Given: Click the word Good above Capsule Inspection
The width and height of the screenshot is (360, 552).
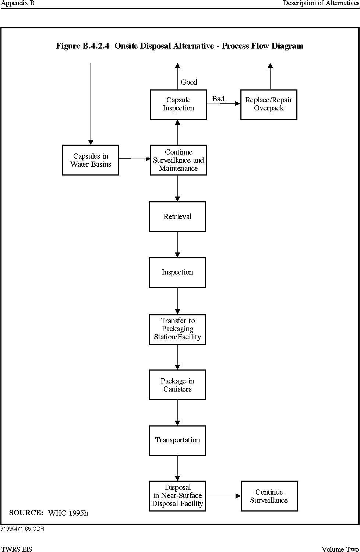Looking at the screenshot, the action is [x=189, y=82].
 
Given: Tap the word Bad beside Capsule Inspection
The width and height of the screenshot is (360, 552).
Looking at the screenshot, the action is [x=218, y=99].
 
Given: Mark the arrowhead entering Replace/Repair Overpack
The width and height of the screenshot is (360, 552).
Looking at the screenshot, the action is [x=237, y=104].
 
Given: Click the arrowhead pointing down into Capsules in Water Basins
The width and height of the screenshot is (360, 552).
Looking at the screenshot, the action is [x=91, y=142].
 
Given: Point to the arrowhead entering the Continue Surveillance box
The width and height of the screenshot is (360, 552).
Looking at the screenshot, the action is [x=238, y=496].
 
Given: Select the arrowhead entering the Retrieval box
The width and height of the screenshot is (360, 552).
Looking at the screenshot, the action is [x=177, y=199].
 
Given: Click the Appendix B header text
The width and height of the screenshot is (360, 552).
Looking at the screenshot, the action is [x=18, y=3].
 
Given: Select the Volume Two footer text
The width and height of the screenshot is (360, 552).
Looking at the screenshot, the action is [x=340, y=549].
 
